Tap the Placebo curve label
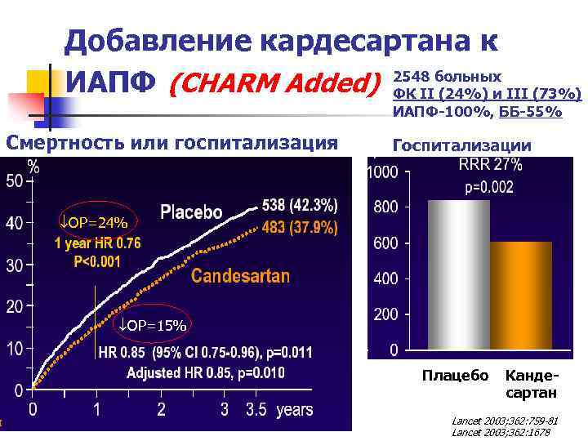tap(191, 212)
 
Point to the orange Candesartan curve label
tap(240, 276)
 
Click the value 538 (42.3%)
tap(300, 203)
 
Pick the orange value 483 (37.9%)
tap(300, 227)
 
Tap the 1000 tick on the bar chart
tap(382, 172)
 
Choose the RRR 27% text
tap(490, 164)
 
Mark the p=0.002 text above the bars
tap(490, 187)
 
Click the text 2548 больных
tap(447, 76)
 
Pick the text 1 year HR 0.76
tap(97, 243)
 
